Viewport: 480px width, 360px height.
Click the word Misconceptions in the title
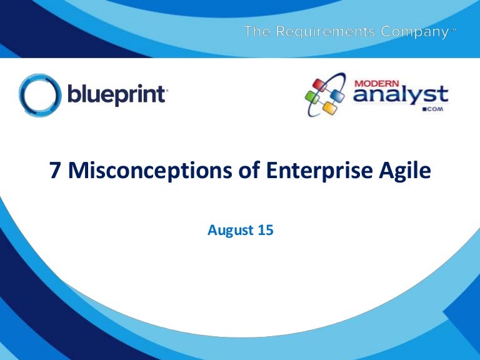[x=150, y=171]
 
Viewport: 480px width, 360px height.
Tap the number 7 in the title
[x=55, y=170]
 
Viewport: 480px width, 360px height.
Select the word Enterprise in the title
[x=319, y=171]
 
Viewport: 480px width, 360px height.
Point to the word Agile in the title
[x=405, y=171]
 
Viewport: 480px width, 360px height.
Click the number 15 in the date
[x=266, y=230]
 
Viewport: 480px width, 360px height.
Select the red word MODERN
[x=377, y=84]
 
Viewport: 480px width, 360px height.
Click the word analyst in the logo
[x=401, y=94]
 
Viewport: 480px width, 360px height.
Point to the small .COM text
[x=433, y=109]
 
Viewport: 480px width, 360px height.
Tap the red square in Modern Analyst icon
[x=319, y=85]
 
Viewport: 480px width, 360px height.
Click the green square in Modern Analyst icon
[x=312, y=97]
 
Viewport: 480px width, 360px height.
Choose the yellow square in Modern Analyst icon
[x=329, y=107]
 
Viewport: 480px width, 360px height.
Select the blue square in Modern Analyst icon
[x=337, y=95]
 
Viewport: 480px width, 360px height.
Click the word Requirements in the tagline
[x=326, y=31]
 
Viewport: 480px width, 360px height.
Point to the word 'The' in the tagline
[x=257, y=31]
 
